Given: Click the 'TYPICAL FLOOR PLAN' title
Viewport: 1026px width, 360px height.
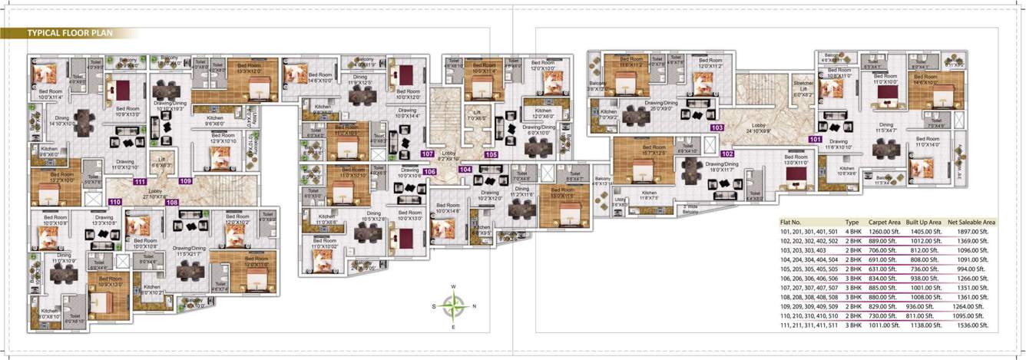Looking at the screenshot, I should [x=71, y=34].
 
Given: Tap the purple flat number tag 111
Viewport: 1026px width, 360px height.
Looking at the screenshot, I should [x=140, y=182].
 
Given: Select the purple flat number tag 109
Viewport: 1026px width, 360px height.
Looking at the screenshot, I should [x=185, y=181].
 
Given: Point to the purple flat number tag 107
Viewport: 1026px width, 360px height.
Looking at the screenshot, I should [x=428, y=154].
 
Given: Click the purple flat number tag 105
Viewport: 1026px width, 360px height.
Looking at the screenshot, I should [x=491, y=154].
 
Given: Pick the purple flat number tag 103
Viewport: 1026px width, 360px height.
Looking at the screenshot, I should [x=717, y=127].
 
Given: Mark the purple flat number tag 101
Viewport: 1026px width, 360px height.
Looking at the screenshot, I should [x=815, y=140].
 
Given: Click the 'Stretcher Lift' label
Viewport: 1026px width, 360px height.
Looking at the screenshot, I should [x=803, y=88].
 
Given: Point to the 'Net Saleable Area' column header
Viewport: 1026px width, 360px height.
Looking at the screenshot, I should [x=971, y=222].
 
